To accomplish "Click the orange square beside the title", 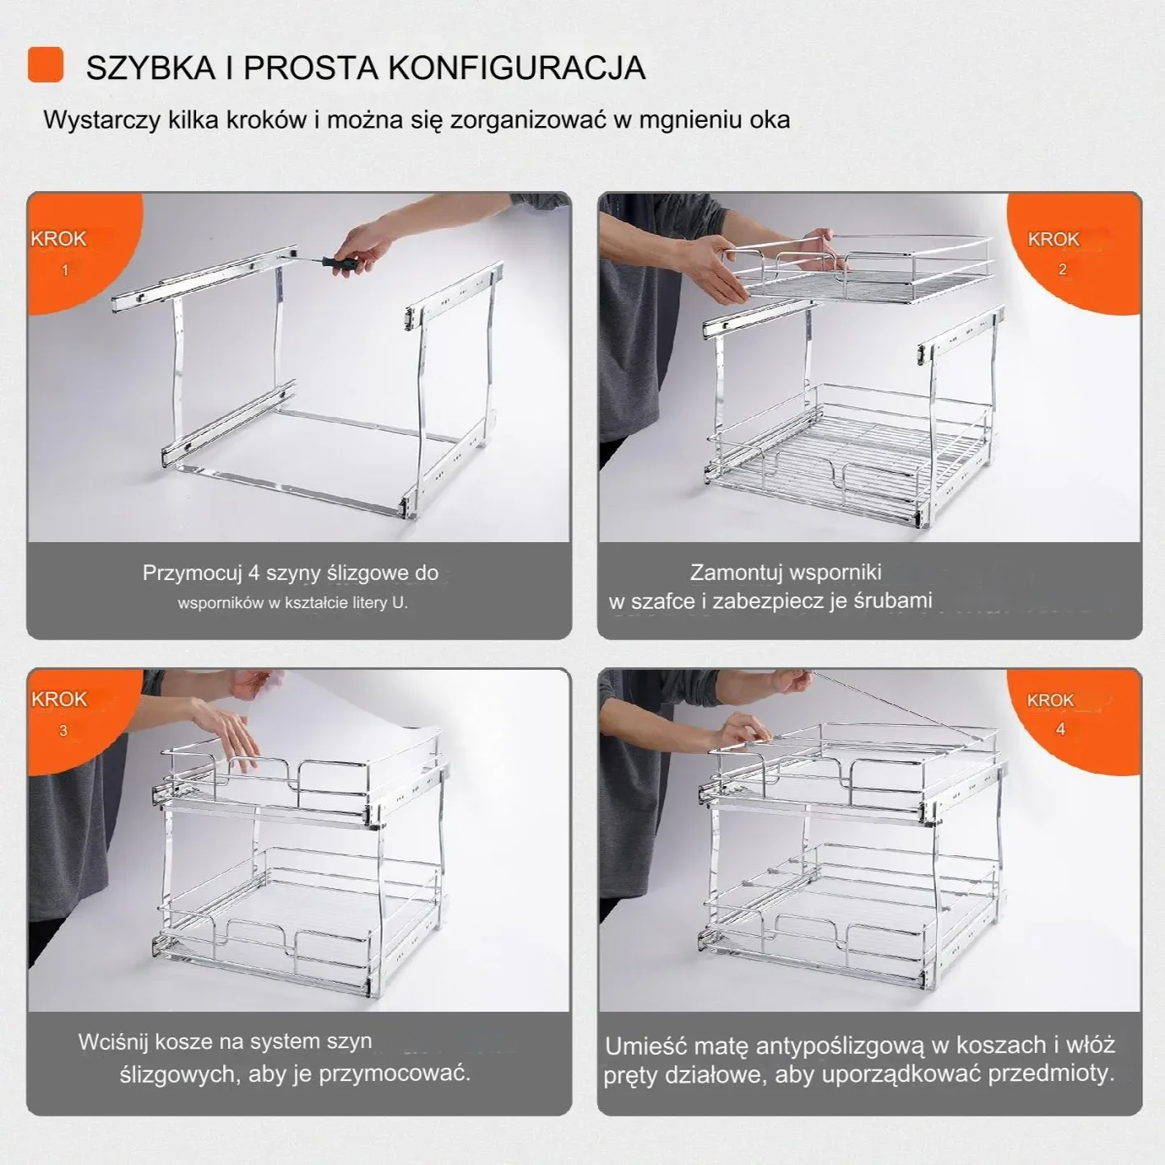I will point(45,65).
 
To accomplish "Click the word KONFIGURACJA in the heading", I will point(517,68).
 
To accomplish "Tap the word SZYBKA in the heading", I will point(150,68).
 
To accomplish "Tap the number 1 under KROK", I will point(65,270).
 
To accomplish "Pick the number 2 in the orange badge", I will point(1062,269).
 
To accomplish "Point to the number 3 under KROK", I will point(63,731).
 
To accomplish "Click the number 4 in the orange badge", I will point(1060,729).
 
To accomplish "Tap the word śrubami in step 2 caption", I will point(893,601).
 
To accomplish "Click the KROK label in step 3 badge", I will point(59,699).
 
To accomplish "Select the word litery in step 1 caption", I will point(370,603).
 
